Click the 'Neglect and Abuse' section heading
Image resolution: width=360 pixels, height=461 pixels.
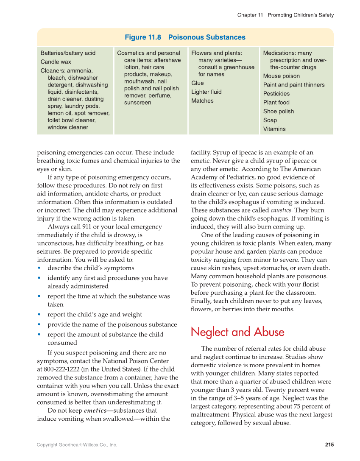coord(237,332)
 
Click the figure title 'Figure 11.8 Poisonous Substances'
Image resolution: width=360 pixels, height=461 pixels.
coord(185,37)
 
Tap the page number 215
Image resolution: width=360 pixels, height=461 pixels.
coord(329,444)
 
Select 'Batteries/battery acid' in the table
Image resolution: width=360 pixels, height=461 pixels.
coord(68,53)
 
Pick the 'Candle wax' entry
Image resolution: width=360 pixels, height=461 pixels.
coord(56,62)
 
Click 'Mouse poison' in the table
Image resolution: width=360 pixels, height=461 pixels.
coord(281,76)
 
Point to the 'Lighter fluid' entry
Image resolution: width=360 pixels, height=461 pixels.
coord(206,92)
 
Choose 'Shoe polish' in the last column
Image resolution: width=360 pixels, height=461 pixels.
coord(278,111)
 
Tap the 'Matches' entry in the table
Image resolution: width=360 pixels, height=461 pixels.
coord(202,101)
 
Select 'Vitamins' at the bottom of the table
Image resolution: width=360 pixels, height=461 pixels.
coord(274,129)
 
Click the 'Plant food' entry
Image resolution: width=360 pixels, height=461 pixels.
coord(276,102)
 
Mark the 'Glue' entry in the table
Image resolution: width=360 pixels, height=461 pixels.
coord(197,83)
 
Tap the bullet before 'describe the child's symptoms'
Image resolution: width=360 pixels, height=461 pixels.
coord(39,268)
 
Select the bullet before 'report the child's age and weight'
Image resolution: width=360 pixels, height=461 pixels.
coord(39,315)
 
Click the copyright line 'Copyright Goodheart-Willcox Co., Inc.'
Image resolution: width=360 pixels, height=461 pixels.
coord(77,445)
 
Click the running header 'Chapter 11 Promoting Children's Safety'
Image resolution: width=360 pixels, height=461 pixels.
coord(285,15)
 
